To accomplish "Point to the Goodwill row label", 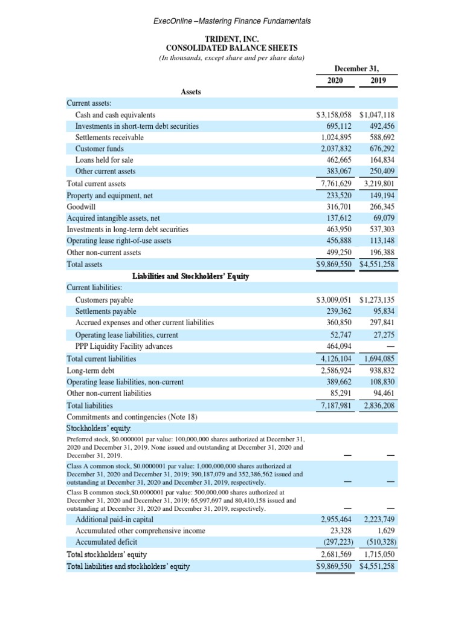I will (x=80, y=206).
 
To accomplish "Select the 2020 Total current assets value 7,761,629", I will (x=336, y=183).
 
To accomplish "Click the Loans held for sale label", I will (x=104, y=160).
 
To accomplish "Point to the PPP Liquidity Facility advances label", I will (x=123, y=346).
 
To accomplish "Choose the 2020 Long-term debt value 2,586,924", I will (x=336, y=371).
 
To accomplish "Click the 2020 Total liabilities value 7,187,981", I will (x=336, y=406).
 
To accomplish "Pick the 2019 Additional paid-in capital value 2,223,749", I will (x=379, y=519).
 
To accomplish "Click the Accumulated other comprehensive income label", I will (x=140, y=531).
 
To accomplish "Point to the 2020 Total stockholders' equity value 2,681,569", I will (x=336, y=554).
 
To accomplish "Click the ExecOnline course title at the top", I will (x=232, y=21).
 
